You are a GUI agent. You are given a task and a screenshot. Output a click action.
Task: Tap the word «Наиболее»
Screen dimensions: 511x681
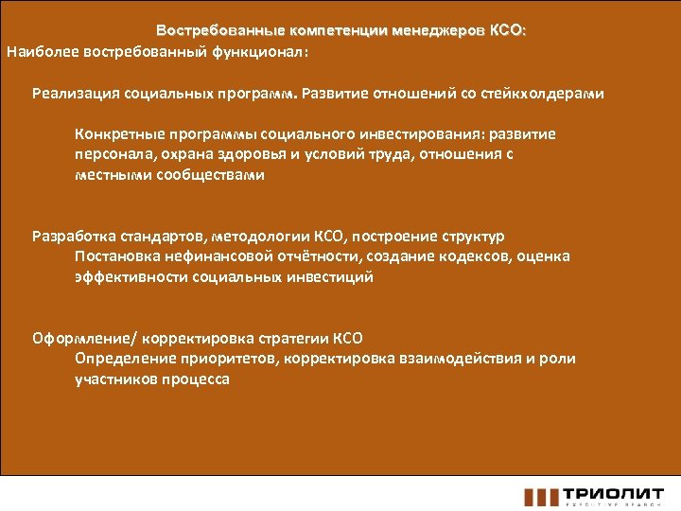[39, 51]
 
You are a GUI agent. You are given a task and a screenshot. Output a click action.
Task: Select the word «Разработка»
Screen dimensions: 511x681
[74, 236]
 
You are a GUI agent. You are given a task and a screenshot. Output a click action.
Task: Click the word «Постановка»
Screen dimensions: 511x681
[115, 256]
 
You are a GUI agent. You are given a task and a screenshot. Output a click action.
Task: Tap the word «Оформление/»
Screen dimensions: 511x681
[82, 338]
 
